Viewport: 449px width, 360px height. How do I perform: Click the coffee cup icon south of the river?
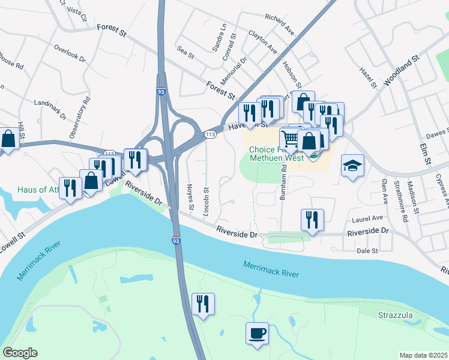[257, 333]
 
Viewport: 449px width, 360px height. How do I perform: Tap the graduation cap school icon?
[352, 166]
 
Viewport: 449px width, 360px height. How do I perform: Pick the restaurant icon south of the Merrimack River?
[203, 304]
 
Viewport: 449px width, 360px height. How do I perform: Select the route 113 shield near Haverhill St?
[209, 132]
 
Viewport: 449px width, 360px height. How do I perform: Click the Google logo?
[20, 352]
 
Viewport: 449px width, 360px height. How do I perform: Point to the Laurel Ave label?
[368, 218]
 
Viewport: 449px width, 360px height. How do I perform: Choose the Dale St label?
[367, 250]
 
